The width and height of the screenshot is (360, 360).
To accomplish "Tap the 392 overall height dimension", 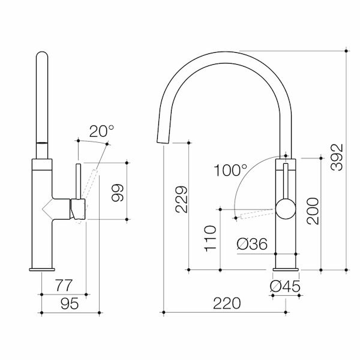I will (x=337, y=157).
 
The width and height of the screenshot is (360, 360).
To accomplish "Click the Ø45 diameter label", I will (x=285, y=287).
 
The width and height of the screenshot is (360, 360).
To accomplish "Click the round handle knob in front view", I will (x=286, y=211).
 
